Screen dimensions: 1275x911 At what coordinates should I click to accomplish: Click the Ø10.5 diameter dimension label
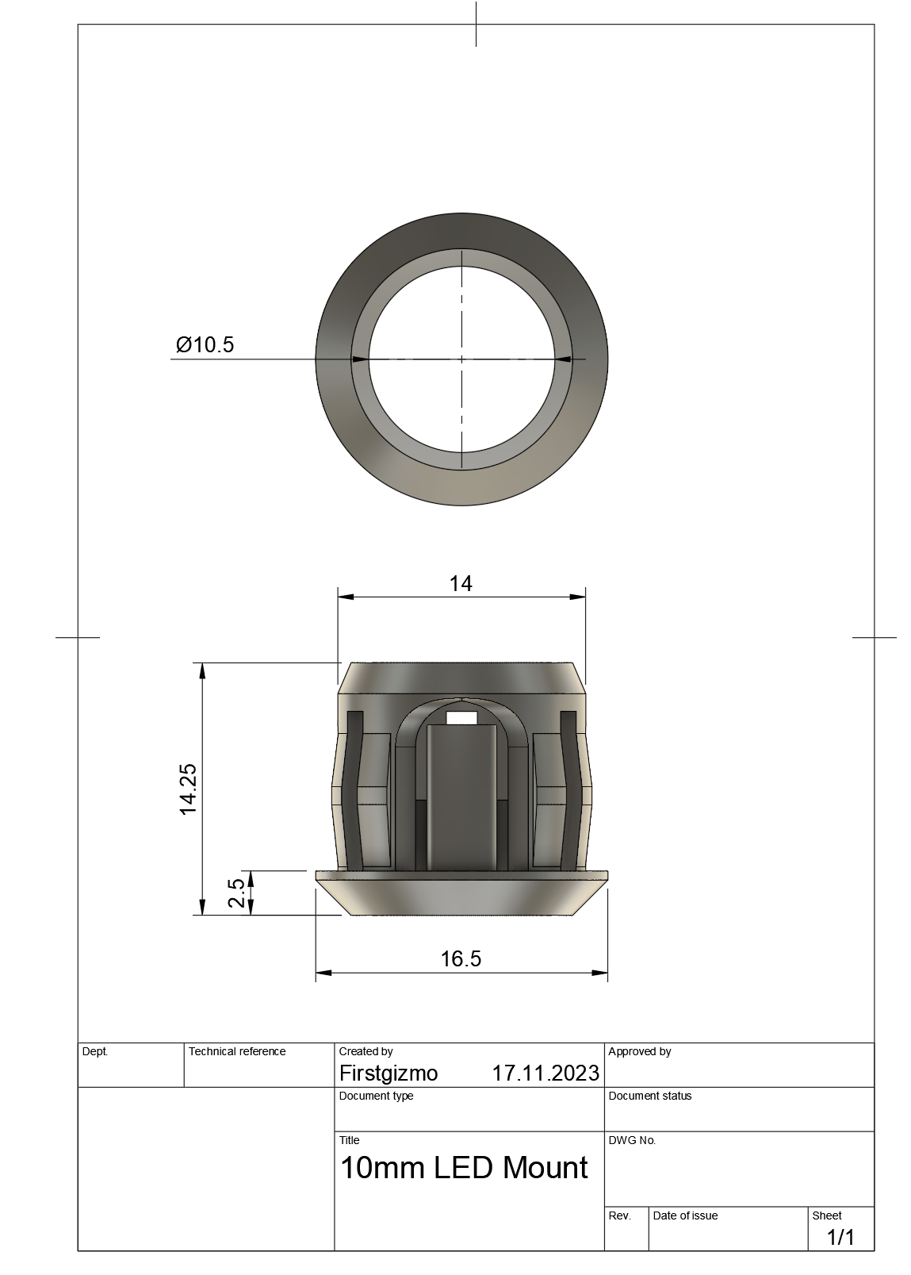click(205, 344)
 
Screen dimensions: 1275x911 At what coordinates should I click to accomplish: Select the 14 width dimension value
click(461, 584)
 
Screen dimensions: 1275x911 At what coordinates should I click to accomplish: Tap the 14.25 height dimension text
click(189, 789)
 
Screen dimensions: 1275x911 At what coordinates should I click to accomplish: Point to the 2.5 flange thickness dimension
click(235, 893)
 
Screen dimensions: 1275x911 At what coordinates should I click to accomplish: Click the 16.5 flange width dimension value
click(461, 958)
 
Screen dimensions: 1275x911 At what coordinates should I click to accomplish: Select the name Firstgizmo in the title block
click(389, 1073)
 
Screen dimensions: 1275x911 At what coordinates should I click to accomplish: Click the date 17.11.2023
click(545, 1073)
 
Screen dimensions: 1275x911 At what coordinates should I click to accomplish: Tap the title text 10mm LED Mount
click(464, 1168)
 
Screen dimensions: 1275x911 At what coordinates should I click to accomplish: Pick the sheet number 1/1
click(840, 1237)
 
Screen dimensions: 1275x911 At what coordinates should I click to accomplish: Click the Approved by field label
click(639, 1051)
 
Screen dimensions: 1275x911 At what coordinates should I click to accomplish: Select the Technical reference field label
click(237, 1051)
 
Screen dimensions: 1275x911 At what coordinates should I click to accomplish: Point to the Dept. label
click(95, 1051)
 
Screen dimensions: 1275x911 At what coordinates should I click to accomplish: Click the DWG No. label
click(632, 1140)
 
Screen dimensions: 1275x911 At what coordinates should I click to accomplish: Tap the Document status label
click(650, 1096)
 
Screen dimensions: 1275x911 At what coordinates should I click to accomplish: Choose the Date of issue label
click(685, 1215)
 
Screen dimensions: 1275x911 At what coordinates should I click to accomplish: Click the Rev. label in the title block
click(619, 1215)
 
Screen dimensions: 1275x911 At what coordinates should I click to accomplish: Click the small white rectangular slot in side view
click(462, 718)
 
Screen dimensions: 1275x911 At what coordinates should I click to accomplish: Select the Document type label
click(376, 1096)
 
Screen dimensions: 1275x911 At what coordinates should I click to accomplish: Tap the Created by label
click(366, 1051)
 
